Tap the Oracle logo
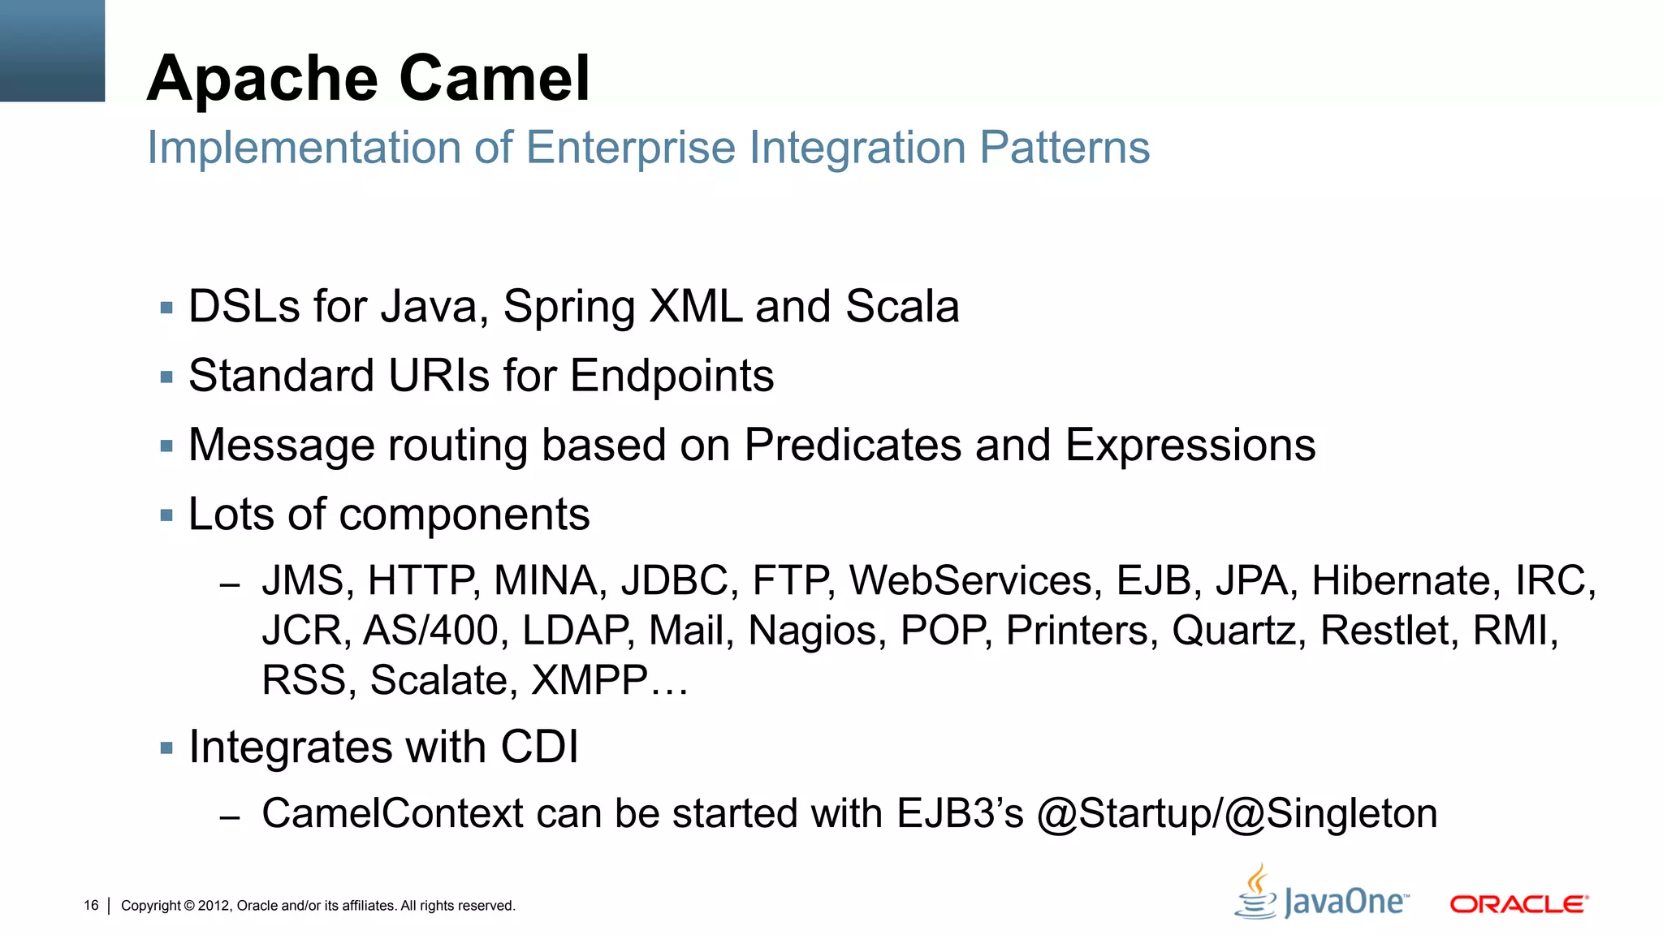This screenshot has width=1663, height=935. coord(1518,904)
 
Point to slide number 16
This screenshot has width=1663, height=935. coord(91,906)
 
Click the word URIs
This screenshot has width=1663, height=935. coord(439,377)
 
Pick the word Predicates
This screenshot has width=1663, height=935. coord(853,446)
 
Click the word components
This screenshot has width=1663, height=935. coord(464,515)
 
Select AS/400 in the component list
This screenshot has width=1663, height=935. coord(430,631)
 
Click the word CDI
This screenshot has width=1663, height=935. coord(539,748)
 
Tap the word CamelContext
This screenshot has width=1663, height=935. coord(392,814)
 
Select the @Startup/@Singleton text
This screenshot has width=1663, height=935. coord(1237,814)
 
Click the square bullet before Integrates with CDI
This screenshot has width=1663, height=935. coord(167,748)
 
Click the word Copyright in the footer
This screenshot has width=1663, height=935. coord(151,906)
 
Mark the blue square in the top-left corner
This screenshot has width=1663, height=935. coord(52,50)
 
